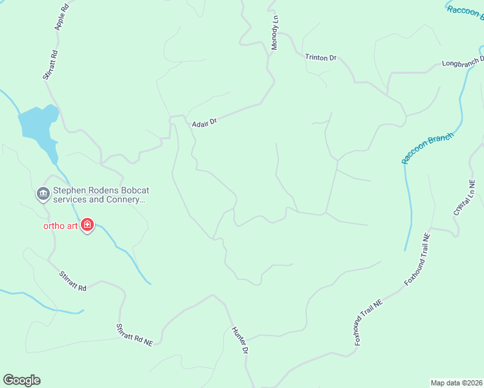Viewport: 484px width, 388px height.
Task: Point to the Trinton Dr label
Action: pyautogui.click(x=321, y=58)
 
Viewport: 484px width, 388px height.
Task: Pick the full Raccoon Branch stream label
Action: pyautogui.click(x=428, y=148)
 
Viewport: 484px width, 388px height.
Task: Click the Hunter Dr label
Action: pyautogui.click(x=240, y=340)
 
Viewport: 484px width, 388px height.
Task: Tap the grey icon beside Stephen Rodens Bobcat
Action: pyautogui.click(x=43, y=193)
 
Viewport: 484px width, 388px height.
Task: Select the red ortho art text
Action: pyautogui.click(x=60, y=226)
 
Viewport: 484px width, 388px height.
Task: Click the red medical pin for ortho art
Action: pyautogui.click(x=87, y=226)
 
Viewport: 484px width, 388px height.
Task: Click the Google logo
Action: pyautogui.click(x=21, y=380)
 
